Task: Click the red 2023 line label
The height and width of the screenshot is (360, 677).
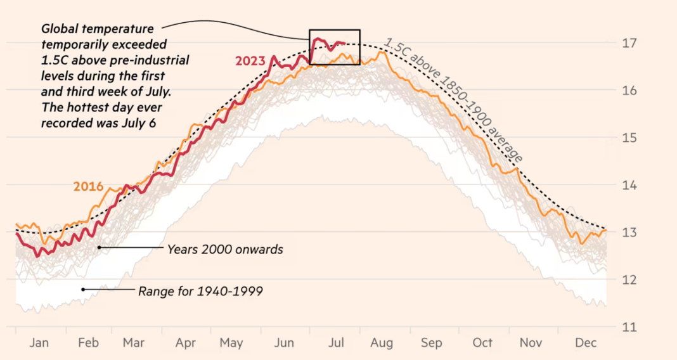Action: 250,61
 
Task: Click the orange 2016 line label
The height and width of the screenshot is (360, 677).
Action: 88,186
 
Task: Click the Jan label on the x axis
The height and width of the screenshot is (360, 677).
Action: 39,343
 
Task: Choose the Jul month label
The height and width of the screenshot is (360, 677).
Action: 336,343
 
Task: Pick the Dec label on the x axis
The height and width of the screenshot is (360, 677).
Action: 586,343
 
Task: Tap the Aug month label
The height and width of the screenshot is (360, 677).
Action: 382,343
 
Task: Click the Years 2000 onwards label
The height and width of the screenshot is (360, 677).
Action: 225,249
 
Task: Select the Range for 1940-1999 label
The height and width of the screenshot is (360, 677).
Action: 200,292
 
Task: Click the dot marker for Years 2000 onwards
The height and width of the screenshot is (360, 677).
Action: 100,247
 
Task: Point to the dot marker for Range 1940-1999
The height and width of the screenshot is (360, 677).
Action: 83,289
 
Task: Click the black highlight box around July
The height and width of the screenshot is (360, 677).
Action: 334,30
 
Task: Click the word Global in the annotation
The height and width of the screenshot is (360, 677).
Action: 61,29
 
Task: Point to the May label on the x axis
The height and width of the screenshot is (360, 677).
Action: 231,343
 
